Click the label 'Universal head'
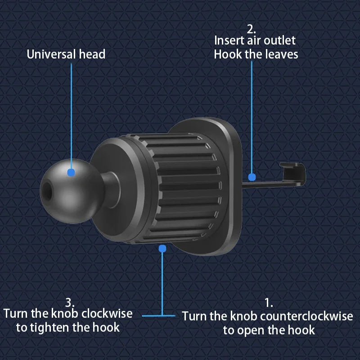tap(66, 54)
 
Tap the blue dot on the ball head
tap(71, 172)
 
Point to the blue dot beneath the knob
tap(162, 248)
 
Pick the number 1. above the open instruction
tap(269, 303)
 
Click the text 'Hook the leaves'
tap(256, 54)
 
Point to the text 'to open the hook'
tap(269, 330)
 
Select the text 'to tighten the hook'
tap(68, 327)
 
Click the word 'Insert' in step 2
tap(229, 40)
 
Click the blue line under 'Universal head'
tap(71, 112)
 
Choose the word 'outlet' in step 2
tap(280, 40)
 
